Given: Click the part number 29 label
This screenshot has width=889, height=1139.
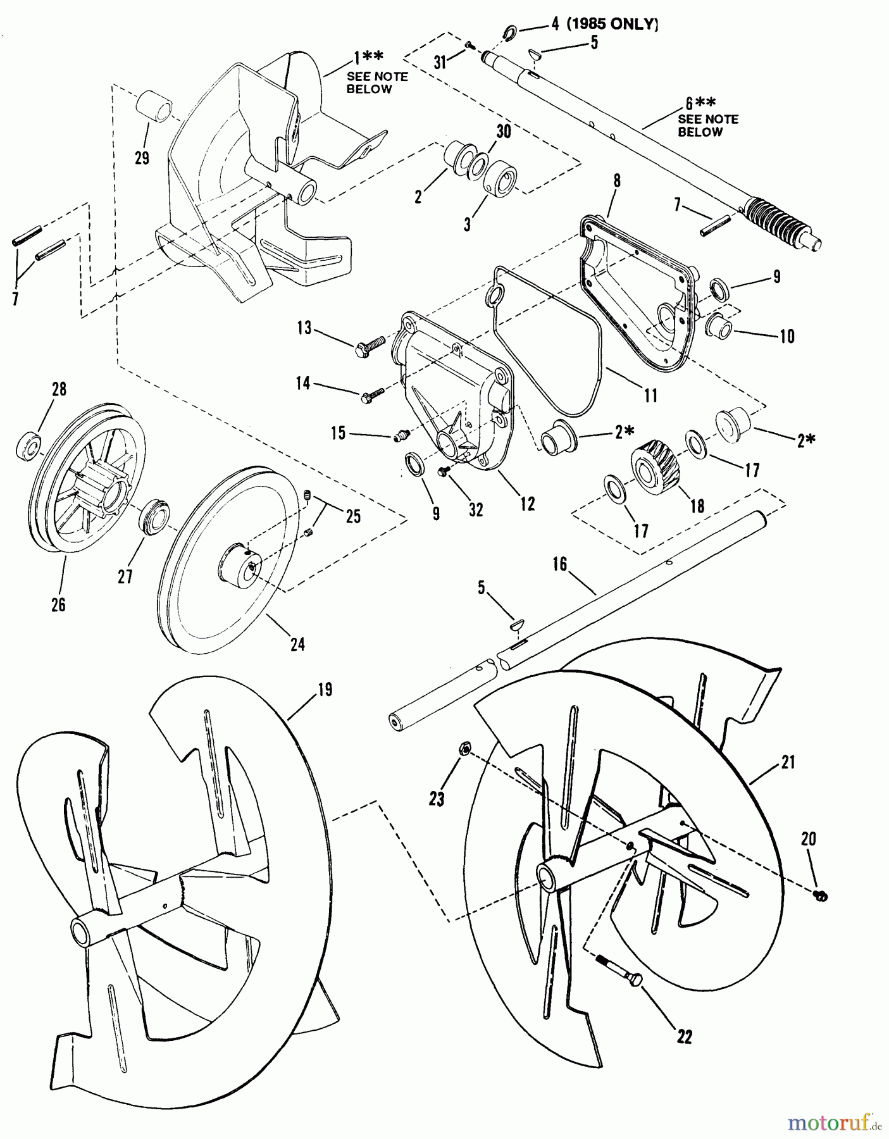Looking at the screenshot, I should (142, 158).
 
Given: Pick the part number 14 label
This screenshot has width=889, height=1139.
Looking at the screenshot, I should (304, 382).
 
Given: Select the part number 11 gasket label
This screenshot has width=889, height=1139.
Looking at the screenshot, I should (650, 395).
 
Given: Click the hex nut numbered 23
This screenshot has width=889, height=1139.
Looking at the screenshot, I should (463, 750).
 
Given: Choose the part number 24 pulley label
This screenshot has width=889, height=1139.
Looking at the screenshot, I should (297, 644).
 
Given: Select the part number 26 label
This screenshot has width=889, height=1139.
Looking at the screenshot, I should (58, 604).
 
